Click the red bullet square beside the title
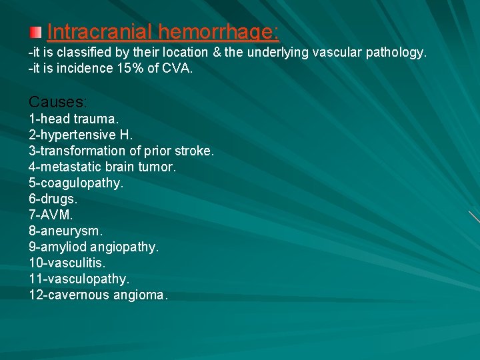[x=36, y=32]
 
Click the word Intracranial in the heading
[x=101, y=32]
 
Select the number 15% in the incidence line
[x=135, y=68]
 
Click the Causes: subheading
[x=58, y=102]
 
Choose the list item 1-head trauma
[x=74, y=119]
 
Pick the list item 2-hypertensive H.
[x=81, y=135]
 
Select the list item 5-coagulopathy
[x=76, y=183]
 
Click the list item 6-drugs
[x=53, y=199]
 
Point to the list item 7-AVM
[x=51, y=215]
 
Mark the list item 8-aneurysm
[x=66, y=231]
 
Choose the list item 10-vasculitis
[x=67, y=263]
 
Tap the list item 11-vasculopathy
[x=79, y=279]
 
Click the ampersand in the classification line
[x=215, y=52]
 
